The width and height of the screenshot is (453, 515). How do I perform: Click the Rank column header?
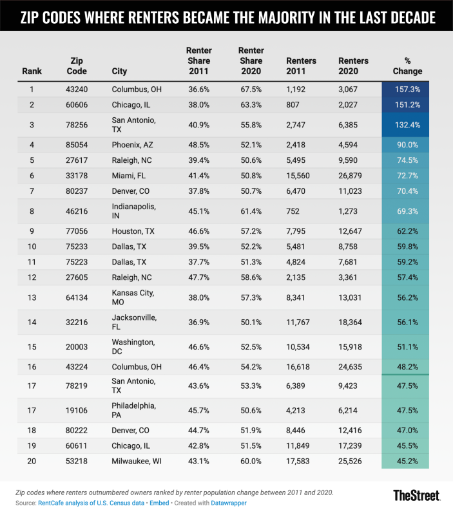tap(32, 71)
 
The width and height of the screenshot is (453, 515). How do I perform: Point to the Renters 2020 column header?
tap(354, 66)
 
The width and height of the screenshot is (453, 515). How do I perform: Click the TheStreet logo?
tap(416, 495)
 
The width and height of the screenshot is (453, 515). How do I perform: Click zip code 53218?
tap(77, 461)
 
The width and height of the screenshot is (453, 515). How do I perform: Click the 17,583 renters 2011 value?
tap(301, 461)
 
